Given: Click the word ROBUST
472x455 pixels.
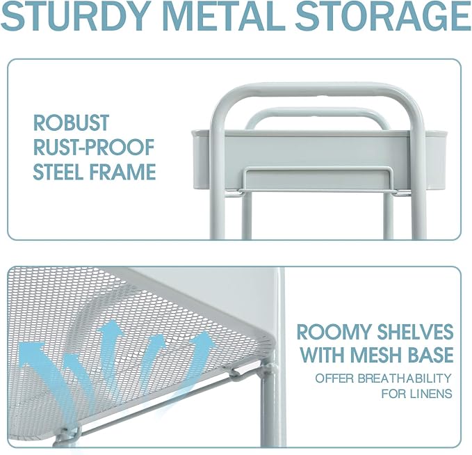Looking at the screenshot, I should point(72,122).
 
